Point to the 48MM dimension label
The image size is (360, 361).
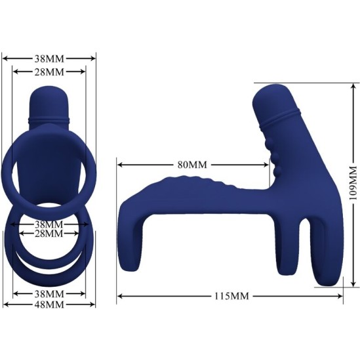pyautogui.click(x=49, y=305)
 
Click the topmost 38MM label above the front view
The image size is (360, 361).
pyautogui.click(x=49, y=57)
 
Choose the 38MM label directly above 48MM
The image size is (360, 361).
pyautogui.click(x=49, y=293)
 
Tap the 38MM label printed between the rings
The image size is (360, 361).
pyautogui.click(x=49, y=224)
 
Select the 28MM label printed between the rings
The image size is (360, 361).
pyautogui.click(x=49, y=234)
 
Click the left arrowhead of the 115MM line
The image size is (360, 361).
pyautogui.click(x=120, y=297)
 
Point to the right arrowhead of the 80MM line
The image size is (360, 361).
pyautogui.click(x=269, y=163)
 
